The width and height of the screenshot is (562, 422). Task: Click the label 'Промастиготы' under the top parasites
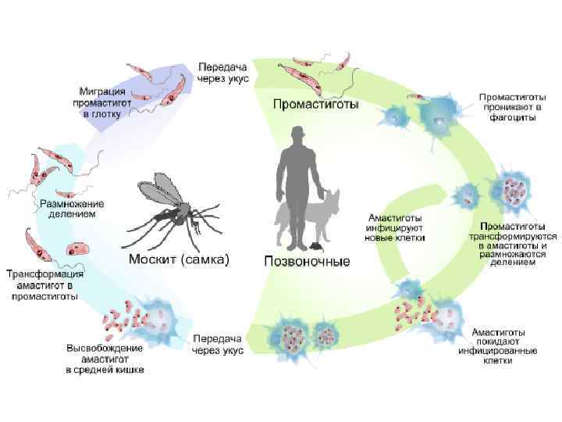pos(315,103)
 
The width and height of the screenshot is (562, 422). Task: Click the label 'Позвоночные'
pos(307,260)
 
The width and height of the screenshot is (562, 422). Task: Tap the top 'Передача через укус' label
pos(223,73)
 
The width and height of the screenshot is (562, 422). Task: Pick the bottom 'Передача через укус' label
pos(218,345)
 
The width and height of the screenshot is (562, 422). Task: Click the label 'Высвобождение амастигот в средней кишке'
pos(105,358)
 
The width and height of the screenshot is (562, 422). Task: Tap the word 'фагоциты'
pos(507,118)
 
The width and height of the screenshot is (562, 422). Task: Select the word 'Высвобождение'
pos(105,347)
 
